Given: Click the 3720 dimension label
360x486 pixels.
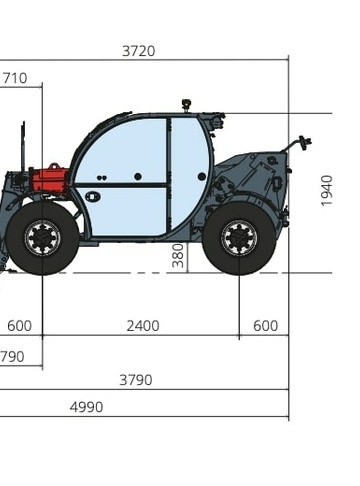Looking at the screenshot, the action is (139, 51).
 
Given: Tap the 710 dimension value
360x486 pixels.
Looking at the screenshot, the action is (15, 78).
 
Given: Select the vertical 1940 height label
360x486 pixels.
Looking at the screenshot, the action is (327, 191).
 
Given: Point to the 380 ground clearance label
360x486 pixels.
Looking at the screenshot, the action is (178, 256).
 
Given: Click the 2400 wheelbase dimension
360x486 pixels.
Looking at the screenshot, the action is (143, 326).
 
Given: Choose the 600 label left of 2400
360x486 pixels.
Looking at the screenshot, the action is (19, 326).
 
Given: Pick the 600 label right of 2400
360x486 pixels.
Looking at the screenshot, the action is (265, 326).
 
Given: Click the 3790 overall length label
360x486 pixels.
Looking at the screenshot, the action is (136, 380).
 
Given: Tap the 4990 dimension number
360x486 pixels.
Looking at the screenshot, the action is (86, 407).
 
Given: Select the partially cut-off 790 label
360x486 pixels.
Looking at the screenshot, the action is (12, 357).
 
